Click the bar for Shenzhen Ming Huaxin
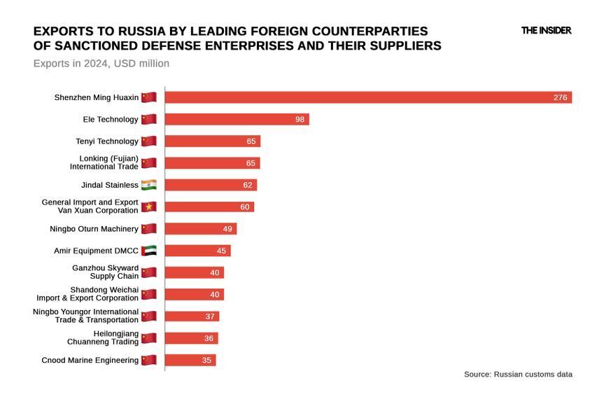click(368, 97)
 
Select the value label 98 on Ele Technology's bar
click(300, 120)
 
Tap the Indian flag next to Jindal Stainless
click(148, 185)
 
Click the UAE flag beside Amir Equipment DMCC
click(148, 251)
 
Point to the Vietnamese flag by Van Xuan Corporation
click(148, 207)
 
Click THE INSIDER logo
click(546, 31)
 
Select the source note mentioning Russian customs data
click(518, 375)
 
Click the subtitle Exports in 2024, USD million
click(101, 64)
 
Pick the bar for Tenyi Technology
click(212, 141)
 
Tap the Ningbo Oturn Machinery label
click(94, 229)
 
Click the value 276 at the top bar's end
click(560, 97)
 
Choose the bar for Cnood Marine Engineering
click(190, 360)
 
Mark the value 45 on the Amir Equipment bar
click(221, 251)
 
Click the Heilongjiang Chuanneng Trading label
click(102, 337)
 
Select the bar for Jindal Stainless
click(211, 185)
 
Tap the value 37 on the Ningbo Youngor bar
click(210, 316)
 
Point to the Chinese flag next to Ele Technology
click(148, 120)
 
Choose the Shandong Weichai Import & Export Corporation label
click(87, 294)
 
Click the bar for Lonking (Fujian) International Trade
click(212, 163)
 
